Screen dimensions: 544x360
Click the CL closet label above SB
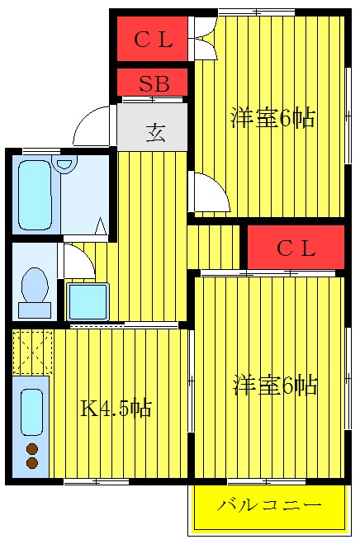pos(153,39)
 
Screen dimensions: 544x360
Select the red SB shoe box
pos(154,83)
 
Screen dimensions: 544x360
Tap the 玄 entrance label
pos(155,132)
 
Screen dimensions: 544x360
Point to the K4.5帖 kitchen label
pos(116,407)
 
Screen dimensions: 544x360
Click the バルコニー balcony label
pos(268,505)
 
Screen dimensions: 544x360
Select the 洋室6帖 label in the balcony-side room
pos(274,385)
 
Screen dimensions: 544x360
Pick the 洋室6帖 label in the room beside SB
pos(272,118)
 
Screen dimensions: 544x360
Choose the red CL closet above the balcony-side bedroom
pos(295,248)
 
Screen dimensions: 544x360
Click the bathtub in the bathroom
pos(36,196)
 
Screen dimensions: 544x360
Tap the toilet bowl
pos(35,285)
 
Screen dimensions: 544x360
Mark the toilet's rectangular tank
pos(35,310)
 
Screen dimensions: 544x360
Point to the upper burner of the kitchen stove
pos(32,449)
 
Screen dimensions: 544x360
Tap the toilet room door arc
pos(78,262)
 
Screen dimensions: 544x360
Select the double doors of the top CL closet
pos(203,40)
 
